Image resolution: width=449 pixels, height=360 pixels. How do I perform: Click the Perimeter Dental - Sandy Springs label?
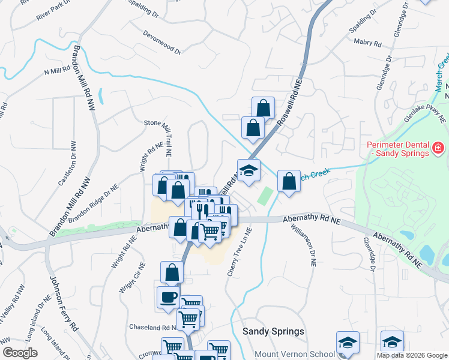[397, 149]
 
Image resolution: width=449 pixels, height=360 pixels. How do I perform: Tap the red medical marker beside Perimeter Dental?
[439, 147]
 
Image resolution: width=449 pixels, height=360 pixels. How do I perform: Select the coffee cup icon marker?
[168, 297]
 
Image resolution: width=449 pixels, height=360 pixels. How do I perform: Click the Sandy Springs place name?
[273, 331]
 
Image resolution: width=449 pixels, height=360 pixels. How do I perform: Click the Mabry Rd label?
[368, 43]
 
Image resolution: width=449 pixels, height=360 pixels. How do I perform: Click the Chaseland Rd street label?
[152, 328]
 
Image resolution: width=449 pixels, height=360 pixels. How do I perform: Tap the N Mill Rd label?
[57, 71]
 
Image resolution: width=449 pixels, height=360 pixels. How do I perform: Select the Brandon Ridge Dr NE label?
[93, 203]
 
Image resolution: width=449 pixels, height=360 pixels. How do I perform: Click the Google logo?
[19, 353]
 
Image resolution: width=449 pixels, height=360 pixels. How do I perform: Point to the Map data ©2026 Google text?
[411, 355]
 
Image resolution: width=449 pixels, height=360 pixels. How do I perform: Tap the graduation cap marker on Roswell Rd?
[249, 170]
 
